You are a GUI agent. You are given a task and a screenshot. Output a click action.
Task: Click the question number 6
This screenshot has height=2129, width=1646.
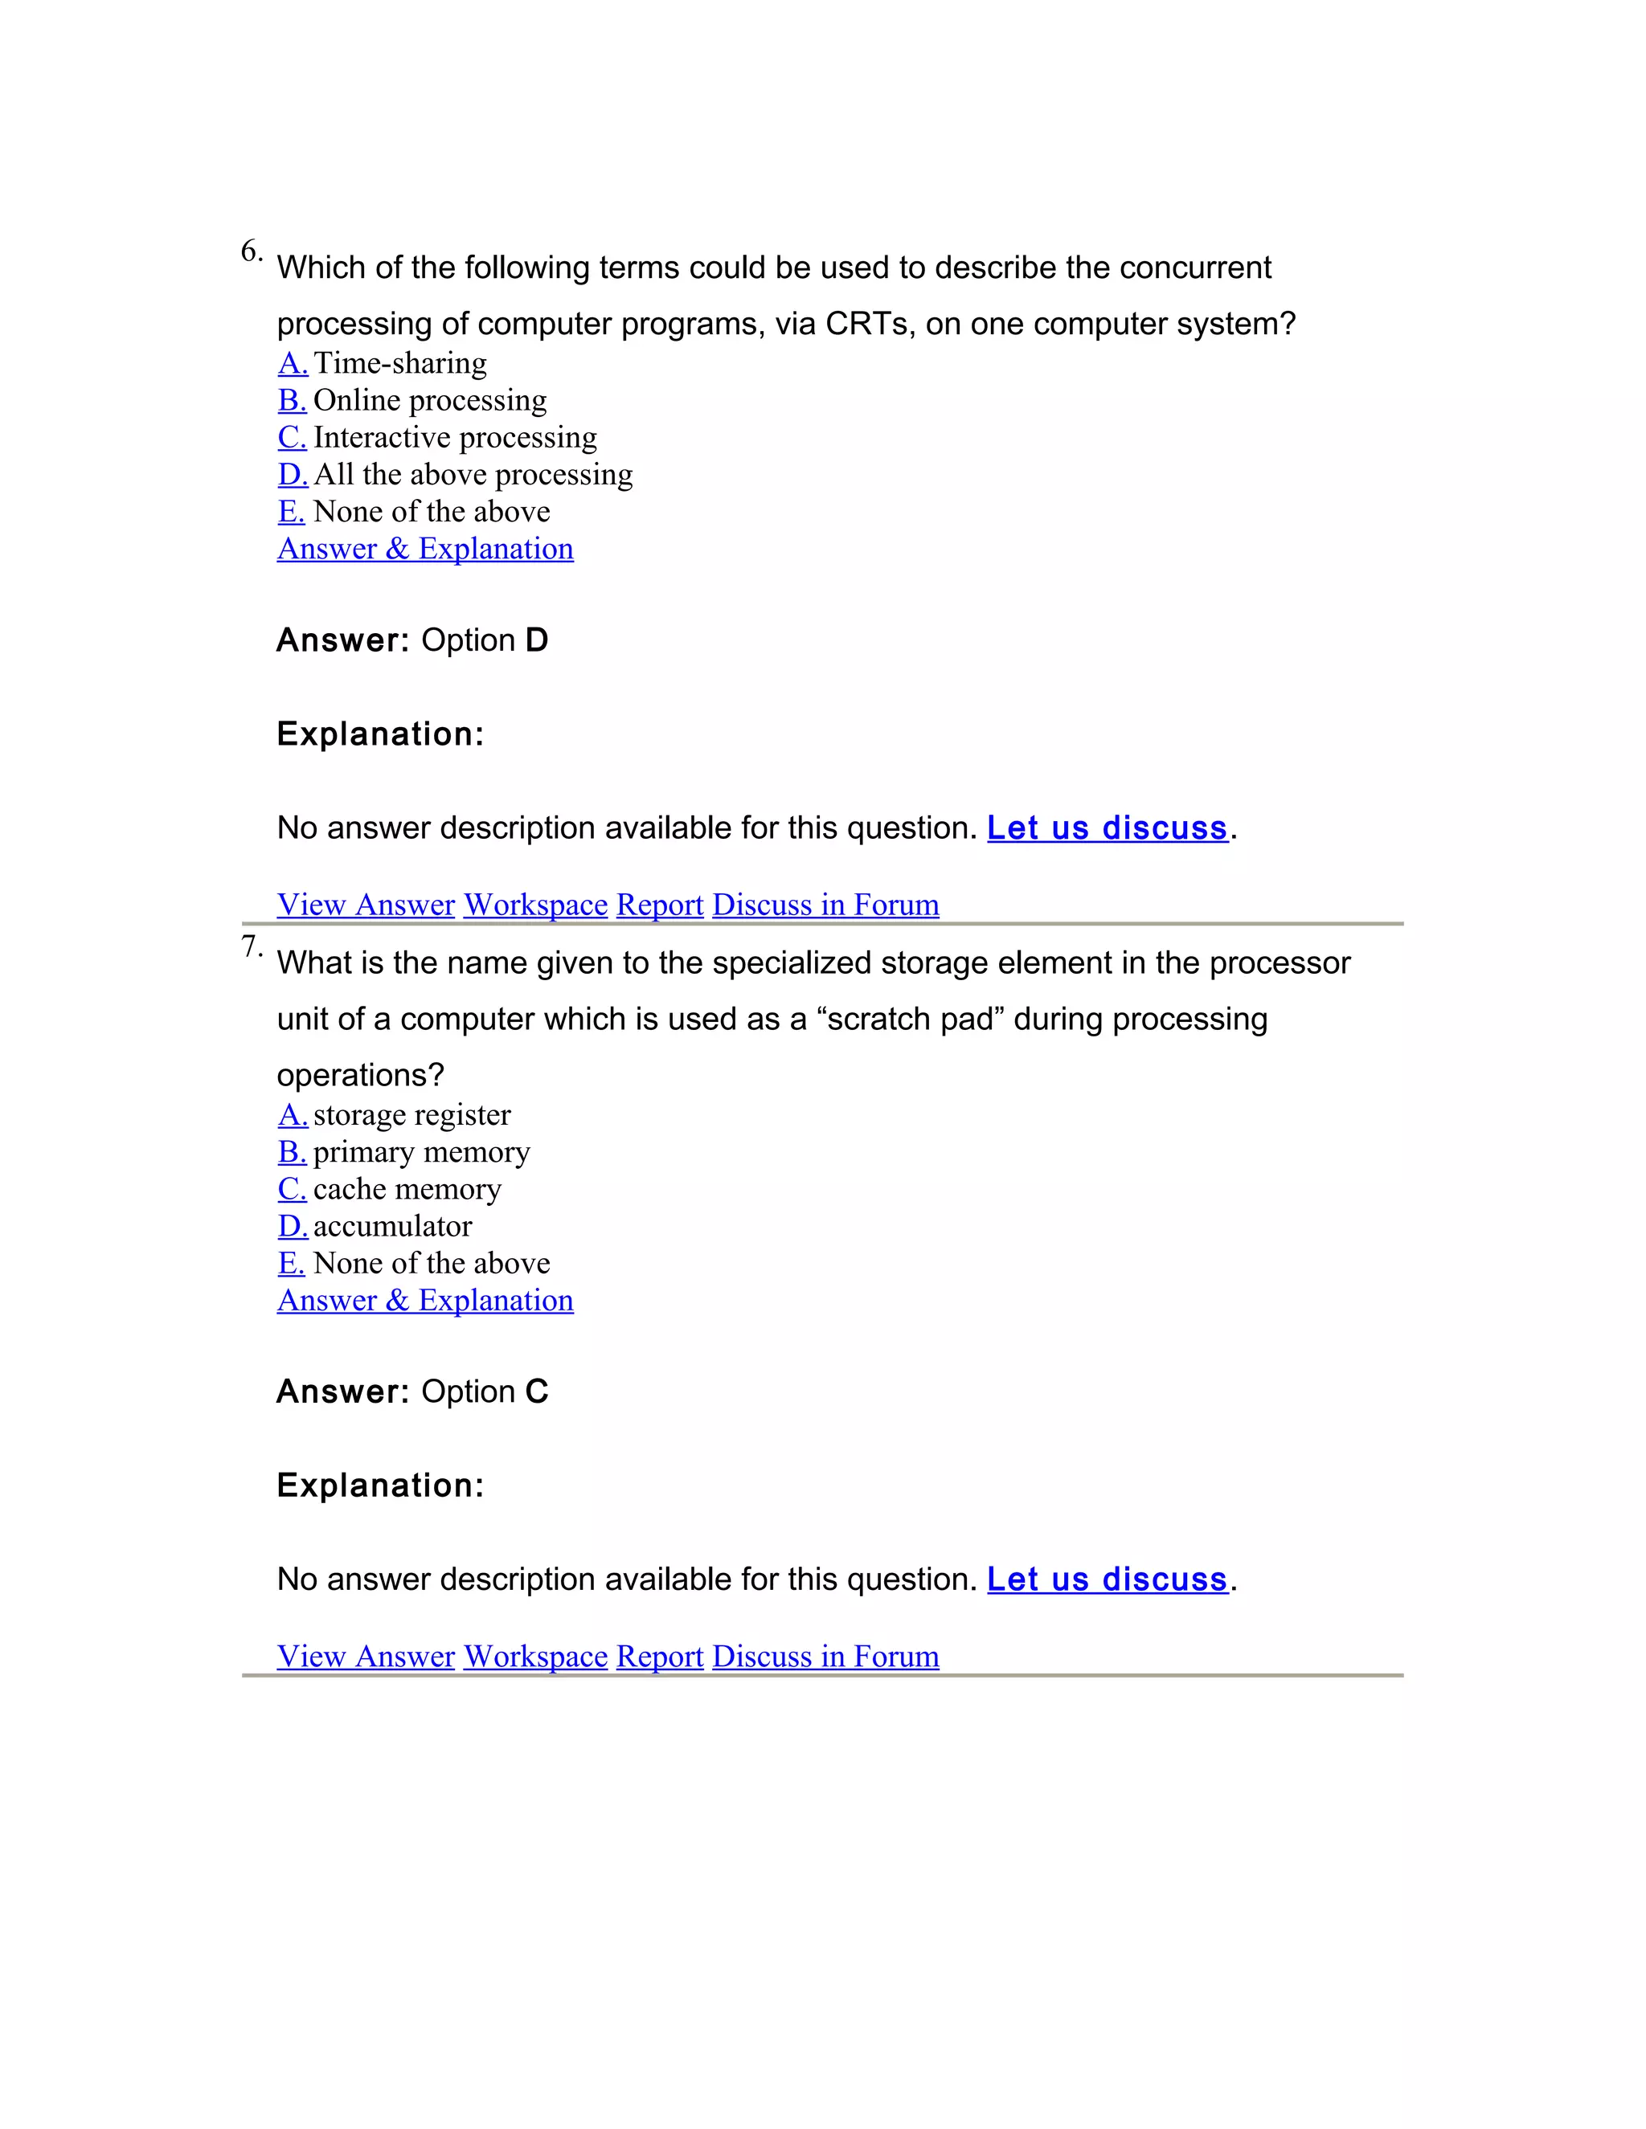pyautogui.click(x=251, y=251)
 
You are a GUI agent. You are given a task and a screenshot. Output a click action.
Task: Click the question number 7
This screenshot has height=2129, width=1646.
pyautogui.click(x=251, y=946)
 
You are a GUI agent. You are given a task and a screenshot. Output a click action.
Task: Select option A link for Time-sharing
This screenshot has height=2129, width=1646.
pyautogui.click(x=293, y=364)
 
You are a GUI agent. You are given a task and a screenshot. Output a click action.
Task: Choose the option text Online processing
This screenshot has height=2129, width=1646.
pyautogui.click(x=430, y=401)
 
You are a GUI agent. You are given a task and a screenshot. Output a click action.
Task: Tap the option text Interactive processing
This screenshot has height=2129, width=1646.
pyautogui.click(x=456, y=438)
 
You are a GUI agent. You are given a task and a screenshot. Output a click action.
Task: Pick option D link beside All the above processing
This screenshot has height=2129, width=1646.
pyautogui.click(x=293, y=475)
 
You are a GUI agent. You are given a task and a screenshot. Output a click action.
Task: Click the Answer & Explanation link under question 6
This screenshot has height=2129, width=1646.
pyautogui.click(x=425, y=549)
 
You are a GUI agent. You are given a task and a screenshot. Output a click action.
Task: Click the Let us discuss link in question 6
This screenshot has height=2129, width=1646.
pyautogui.click(x=1107, y=827)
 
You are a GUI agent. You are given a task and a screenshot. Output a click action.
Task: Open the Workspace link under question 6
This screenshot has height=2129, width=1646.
pyautogui.click(x=535, y=905)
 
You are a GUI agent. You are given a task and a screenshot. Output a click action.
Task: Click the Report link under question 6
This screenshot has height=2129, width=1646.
pyautogui.click(x=659, y=905)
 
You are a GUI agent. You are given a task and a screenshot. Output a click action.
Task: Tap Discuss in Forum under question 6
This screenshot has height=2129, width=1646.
pyautogui.click(x=825, y=905)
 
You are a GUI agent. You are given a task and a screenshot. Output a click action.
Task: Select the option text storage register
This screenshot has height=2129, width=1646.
pyautogui.click(x=411, y=1115)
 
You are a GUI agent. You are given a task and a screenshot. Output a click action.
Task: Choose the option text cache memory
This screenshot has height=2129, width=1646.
pyautogui.click(x=407, y=1189)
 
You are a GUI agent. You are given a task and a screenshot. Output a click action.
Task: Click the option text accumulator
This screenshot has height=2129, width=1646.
pyautogui.click(x=393, y=1226)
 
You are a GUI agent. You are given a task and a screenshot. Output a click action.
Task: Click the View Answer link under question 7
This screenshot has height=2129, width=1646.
pyautogui.click(x=366, y=1657)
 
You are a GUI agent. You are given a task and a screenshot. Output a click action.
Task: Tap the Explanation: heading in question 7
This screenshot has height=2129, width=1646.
pyautogui.click(x=380, y=1485)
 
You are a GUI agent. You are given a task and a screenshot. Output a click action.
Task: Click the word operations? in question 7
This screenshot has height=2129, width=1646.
pyautogui.click(x=361, y=1075)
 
